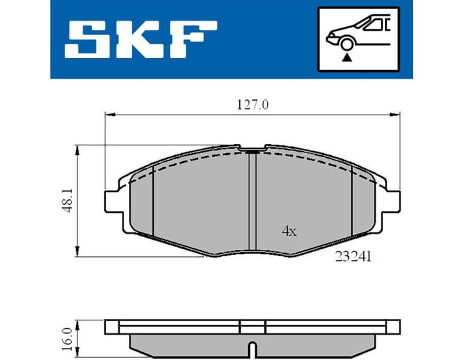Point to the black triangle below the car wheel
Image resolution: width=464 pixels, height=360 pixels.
coord(346,58)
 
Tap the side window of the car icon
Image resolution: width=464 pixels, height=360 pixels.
coord(376,25)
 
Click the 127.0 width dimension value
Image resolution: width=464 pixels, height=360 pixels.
coord(253,104)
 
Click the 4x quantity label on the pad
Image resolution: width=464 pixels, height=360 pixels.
coord(289,231)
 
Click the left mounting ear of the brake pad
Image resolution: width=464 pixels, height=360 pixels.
coord(112,200)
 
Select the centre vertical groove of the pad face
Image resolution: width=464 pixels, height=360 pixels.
coord(252,204)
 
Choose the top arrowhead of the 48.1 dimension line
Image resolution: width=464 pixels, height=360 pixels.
coord(77,148)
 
